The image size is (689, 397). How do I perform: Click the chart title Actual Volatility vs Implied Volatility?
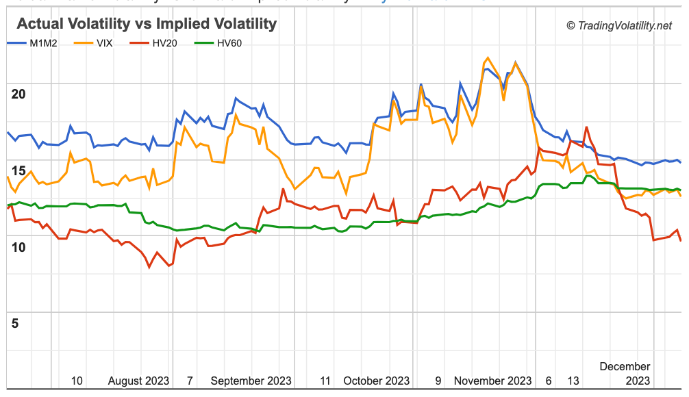(146, 24)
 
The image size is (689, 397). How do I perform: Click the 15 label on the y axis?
(18, 171)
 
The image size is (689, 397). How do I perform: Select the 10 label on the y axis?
(18, 247)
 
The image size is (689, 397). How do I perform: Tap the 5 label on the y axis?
(15, 323)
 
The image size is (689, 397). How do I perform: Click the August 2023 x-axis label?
(138, 381)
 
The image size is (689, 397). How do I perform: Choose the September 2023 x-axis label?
(251, 381)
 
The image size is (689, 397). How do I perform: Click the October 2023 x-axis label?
(376, 381)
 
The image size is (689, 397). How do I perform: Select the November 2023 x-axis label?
(492, 381)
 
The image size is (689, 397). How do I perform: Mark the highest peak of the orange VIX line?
(487, 57)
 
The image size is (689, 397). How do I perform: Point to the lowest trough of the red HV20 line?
(149, 267)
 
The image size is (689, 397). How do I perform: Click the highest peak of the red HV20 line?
(586, 127)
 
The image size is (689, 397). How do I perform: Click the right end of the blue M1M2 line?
(680, 162)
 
